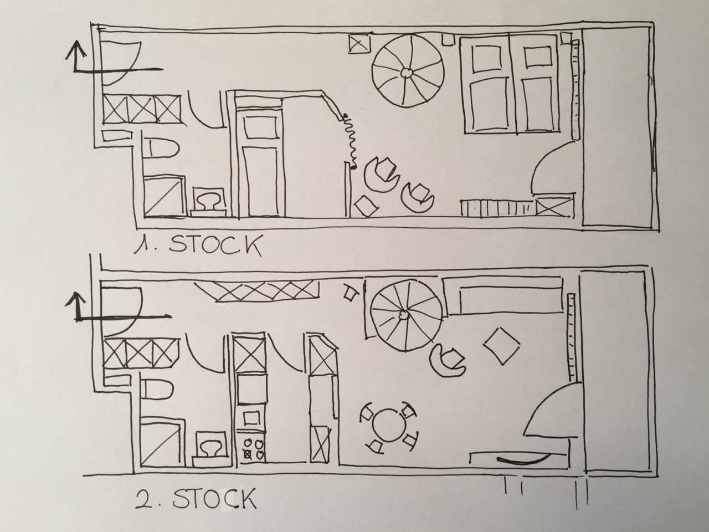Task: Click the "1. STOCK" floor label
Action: tap(197, 245)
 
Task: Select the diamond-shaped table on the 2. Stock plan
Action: tap(501, 346)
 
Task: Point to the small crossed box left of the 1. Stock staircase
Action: tap(360, 43)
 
